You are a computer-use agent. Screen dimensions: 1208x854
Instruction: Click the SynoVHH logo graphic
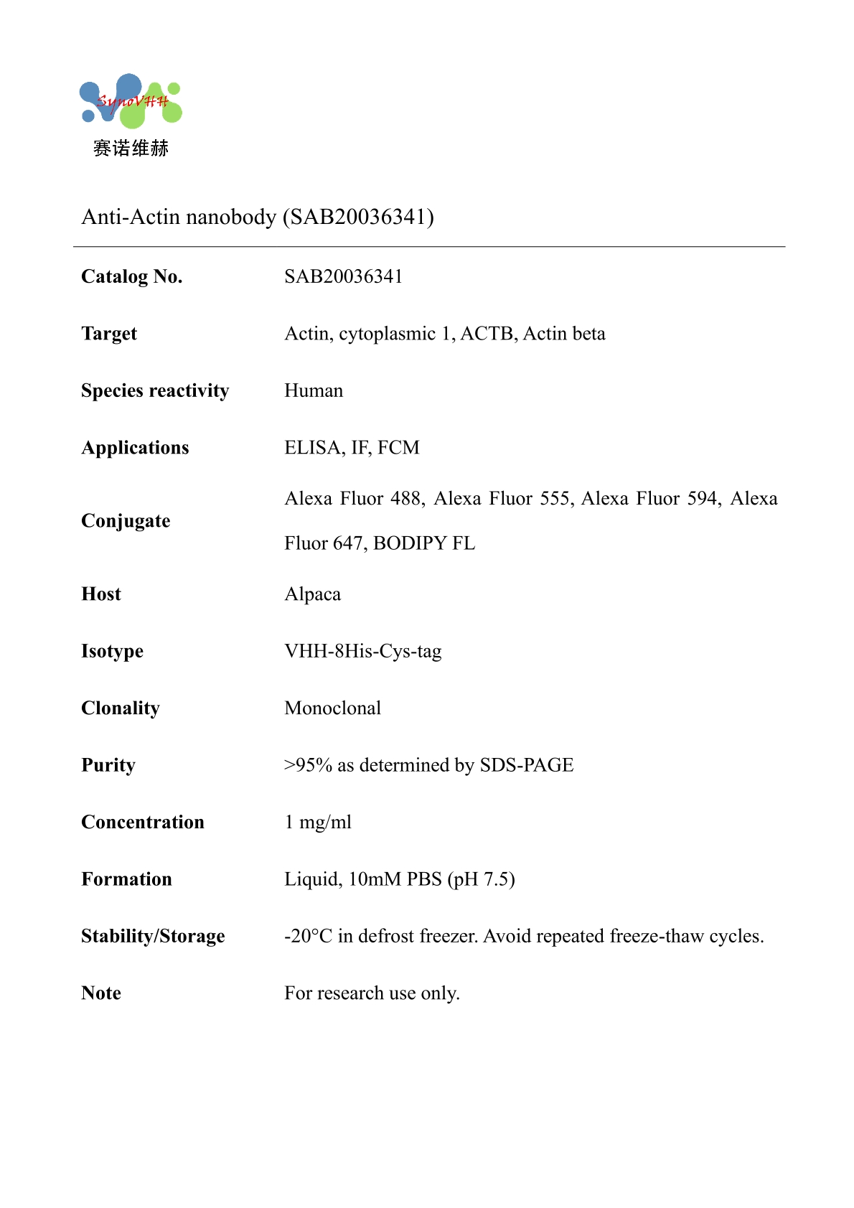131,101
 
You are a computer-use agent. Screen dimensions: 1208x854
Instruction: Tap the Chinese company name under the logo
131,149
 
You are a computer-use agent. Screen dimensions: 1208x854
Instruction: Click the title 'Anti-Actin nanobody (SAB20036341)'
258,217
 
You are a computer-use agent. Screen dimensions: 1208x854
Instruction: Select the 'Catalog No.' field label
132,276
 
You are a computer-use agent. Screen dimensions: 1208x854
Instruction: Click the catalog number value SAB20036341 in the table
343,276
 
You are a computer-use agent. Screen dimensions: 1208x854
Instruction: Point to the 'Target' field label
109,334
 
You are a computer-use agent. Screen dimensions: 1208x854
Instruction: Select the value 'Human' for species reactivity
314,390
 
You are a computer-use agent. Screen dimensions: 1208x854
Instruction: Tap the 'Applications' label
135,448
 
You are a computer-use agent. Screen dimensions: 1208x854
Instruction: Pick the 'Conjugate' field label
126,520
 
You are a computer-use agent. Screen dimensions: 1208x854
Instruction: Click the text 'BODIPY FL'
424,543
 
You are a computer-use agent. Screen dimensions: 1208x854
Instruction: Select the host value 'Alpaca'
312,594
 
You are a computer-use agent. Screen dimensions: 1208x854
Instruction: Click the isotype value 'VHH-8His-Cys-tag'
362,651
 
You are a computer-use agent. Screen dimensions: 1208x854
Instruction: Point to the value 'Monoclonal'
332,708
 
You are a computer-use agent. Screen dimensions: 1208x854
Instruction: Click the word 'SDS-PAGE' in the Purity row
527,765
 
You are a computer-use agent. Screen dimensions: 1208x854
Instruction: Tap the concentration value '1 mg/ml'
318,823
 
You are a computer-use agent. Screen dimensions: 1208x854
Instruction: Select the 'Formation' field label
126,879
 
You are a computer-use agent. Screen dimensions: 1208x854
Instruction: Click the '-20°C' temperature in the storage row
308,937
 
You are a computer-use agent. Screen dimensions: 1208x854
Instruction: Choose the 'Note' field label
101,993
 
